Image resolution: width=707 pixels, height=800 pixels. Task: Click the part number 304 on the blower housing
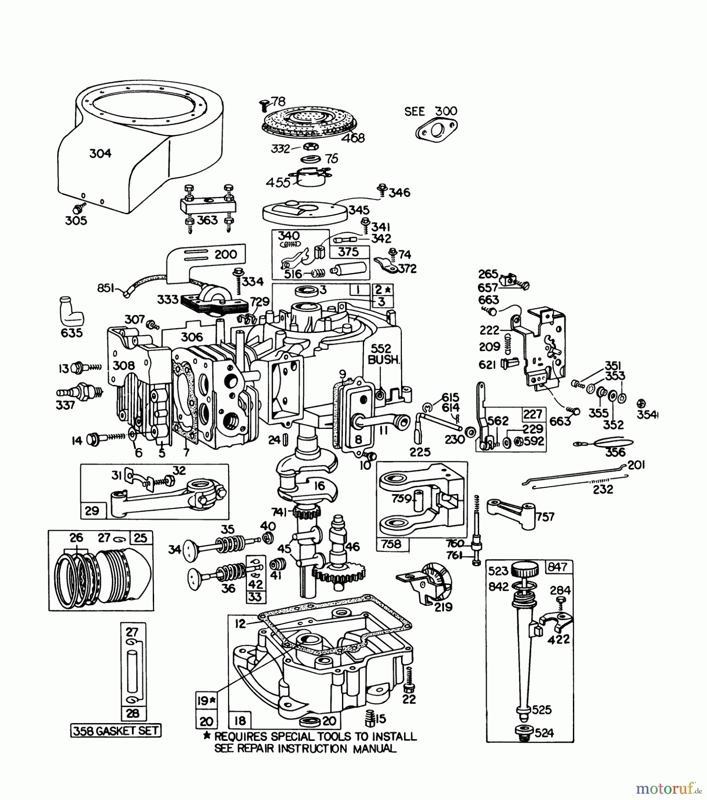click(100, 154)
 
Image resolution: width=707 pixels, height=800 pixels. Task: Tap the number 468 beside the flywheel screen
click(353, 138)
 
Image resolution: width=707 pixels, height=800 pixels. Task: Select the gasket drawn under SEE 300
click(436, 131)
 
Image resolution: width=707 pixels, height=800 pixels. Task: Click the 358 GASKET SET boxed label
click(116, 730)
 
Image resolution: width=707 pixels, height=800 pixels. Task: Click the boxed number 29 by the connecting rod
click(92, 510)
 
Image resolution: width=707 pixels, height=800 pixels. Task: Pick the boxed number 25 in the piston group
click(140, 538)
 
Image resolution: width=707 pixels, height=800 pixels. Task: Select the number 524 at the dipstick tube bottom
click(544, 732)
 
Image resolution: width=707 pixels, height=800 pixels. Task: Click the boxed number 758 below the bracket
click(391, 544)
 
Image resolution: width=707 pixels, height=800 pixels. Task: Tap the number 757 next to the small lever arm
click(545, 516)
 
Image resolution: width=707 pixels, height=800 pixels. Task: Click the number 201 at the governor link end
click(636, 465)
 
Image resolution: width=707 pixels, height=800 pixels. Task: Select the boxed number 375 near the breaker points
click(348, 252)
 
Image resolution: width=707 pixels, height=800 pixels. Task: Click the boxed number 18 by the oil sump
click(240, 720)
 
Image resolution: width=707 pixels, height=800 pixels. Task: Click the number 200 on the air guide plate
click(226, 255)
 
